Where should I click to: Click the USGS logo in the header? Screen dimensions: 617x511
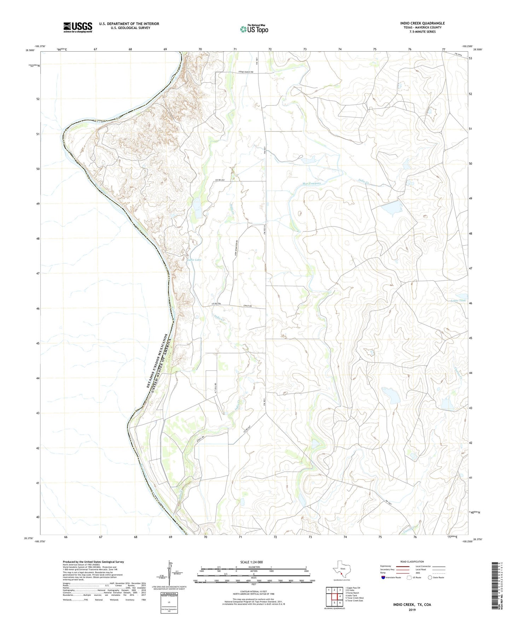[x=77, y=27]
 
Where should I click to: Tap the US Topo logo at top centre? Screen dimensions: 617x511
[x=254, y=29]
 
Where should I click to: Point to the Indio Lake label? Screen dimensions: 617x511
[x=194, y=260]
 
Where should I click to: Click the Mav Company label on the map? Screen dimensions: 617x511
[x=312, y=183]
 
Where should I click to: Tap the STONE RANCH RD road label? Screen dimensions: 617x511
[x=248, y=72]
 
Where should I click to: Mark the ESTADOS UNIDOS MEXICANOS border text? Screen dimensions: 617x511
[x=156, y=361]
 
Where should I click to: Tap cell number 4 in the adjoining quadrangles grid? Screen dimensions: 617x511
[x=340, y=596]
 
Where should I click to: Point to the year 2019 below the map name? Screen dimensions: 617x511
[x=412, y=610]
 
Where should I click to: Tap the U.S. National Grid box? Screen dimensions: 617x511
[x=169, y=600]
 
